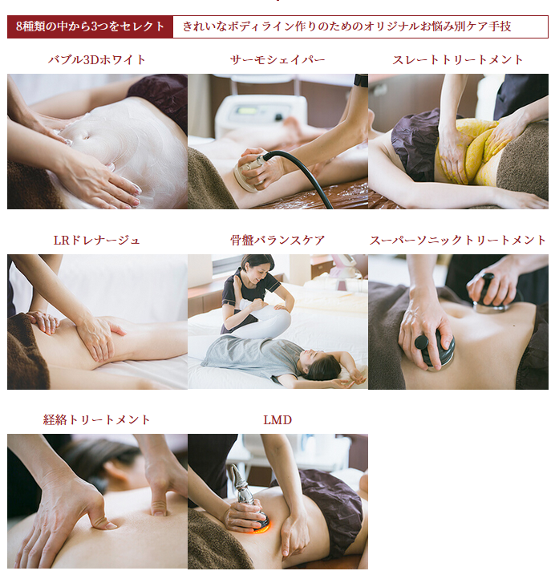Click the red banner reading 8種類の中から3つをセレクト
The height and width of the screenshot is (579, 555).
[90, 26]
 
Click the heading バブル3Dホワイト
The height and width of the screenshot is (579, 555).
[97, 60]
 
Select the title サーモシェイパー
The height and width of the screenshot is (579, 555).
[277, 60]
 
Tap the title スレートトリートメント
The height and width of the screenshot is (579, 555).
[458, 60]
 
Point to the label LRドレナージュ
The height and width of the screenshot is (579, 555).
[97, 241]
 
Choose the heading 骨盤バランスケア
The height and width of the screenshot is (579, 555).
[277, 241]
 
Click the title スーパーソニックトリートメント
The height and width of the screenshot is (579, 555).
[458, 241]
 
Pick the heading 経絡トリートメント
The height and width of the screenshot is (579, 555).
[97, 420]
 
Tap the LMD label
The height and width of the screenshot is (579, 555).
[277, 420]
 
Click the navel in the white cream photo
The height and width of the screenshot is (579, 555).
[84, 135]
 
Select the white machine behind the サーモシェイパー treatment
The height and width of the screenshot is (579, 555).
[261, 115]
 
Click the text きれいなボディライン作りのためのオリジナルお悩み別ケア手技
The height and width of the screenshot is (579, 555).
[347, 26]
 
